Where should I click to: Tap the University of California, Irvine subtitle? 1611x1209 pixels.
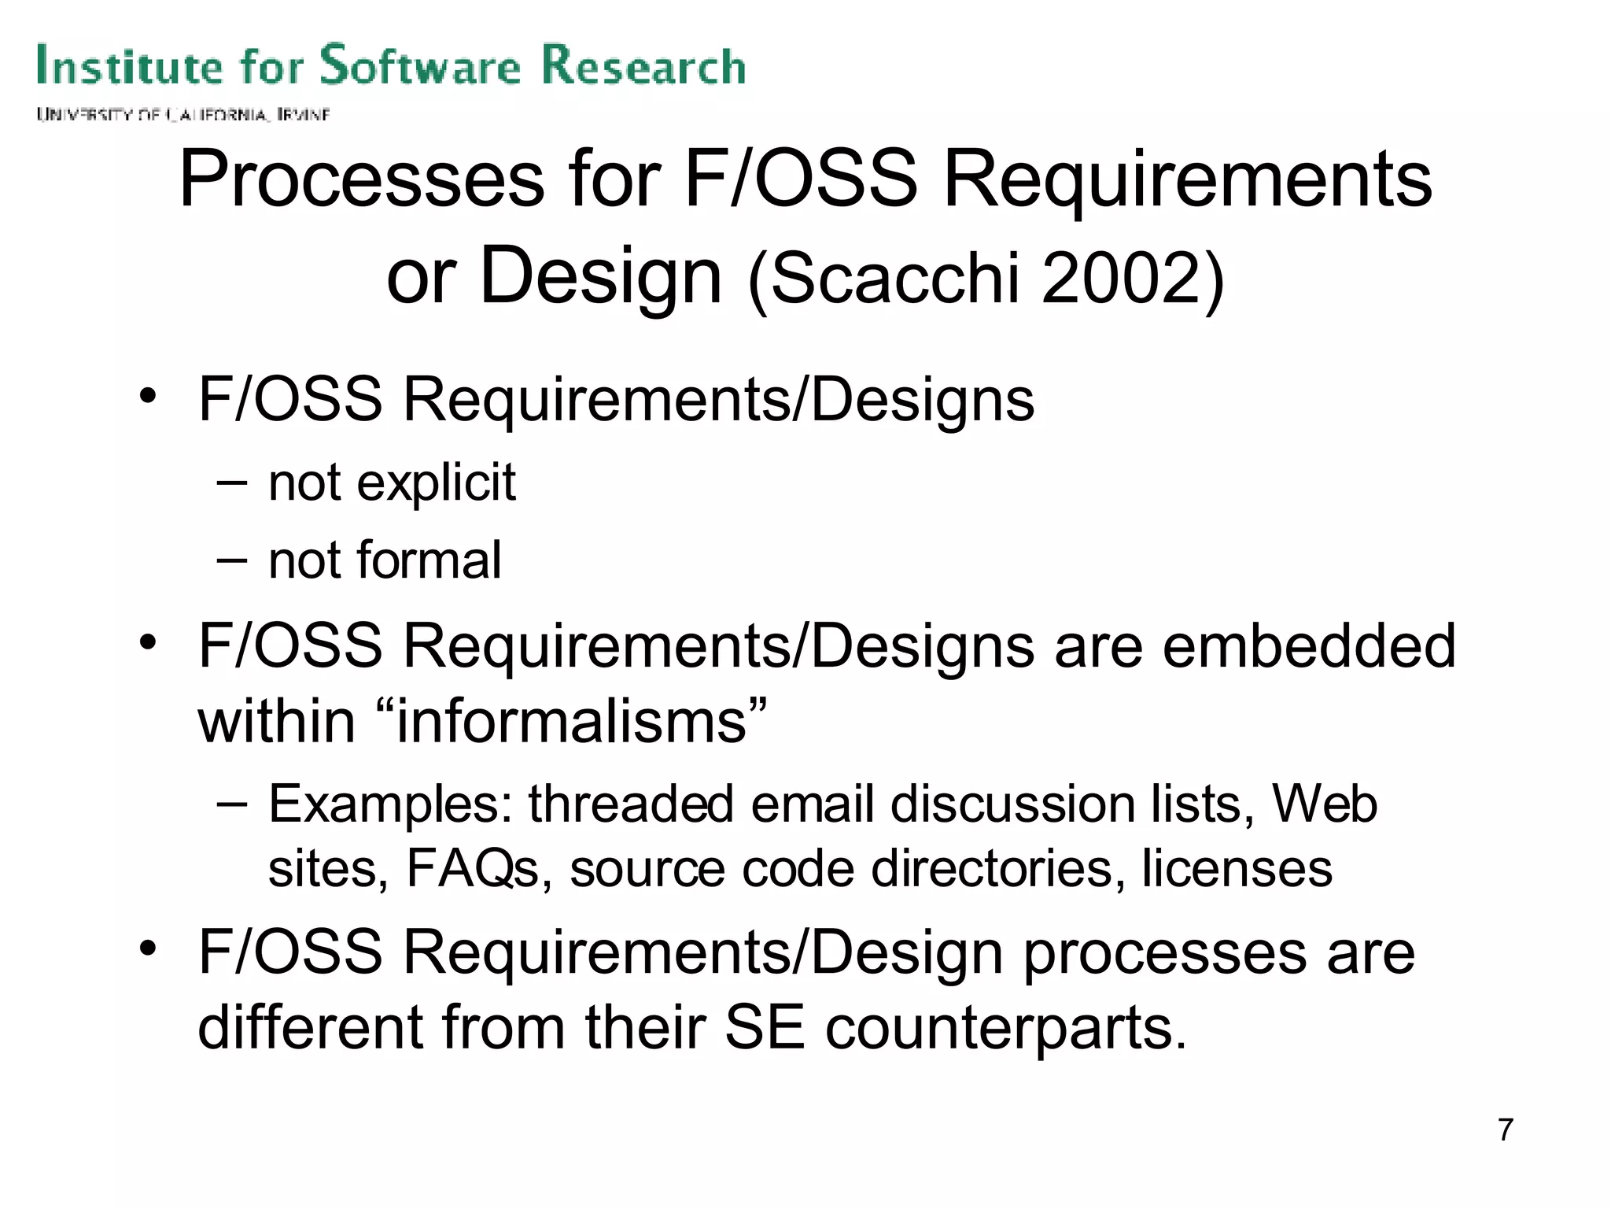pyautogui.click(x=182, y=115)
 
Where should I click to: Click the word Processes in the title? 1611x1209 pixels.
pyautogui.click(x=361, y=181)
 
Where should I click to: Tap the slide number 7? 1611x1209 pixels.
pyautogui.click(x=1505, y=1130)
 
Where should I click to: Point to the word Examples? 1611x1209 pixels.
pyautogui.click(x=390, y=805)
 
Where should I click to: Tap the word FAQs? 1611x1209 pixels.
pyautogui.click(x=472, y=869)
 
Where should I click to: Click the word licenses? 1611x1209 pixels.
pyautogui.click(x=1237, y=869)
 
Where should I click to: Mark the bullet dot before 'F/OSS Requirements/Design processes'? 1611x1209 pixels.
pyautogui.click(x=147, y=950)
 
